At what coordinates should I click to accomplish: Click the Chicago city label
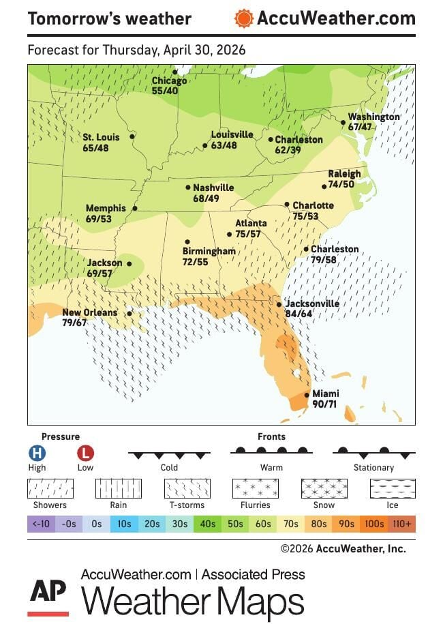(x=169, y=81)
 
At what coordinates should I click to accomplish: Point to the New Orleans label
(x=89, y=313)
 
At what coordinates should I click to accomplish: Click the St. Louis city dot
(x=132, y=136)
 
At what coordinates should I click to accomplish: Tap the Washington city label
(x=373, y=117)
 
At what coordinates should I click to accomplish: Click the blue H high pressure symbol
(x=37, y=453)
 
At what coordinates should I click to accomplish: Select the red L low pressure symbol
(x=85, y=453)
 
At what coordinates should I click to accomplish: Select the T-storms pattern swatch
(x=187, y=488)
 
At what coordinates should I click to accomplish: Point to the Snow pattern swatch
(x=324, y=488)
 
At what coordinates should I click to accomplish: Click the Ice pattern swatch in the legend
(x=392, y=488)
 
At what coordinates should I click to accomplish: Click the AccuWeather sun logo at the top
(x=243, y=18)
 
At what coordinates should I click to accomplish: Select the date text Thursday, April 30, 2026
(x=174, y=50)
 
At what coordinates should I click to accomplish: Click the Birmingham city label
(x=209, y=252)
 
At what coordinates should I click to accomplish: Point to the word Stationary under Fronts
(x=373, y=468)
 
